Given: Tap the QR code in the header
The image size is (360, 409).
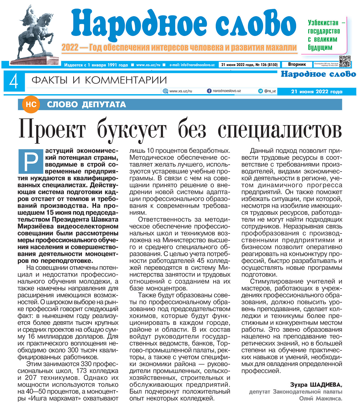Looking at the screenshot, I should pyautogui.click(x=345, y=61).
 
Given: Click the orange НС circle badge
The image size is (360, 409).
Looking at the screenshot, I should pyautogui.click(x=31, y=104).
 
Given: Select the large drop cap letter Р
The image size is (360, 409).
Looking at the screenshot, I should pyautogui.click(x=30, y=161).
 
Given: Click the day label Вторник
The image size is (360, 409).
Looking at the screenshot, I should pyautogui.click(x=297, y=65).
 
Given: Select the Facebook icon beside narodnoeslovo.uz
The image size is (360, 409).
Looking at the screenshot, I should pyautogui.click(x=209, y=91).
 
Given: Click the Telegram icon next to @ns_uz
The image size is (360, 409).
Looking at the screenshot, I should pyautogui.click(x=260, y=91).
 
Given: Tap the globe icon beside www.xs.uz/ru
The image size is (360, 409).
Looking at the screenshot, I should pyautogui.click(x=165, y=91).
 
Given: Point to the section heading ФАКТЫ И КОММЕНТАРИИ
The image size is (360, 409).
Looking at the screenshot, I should pyautogui.click(x=99, y=80).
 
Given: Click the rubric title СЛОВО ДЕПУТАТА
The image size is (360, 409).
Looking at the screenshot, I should pyautogui.click(x=86, y=104).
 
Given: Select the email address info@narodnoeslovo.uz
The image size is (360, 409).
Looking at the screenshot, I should pyautogui.click(x=197, y=65).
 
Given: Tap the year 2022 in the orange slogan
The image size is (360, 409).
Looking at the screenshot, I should pyautogui.click(x=70, y=48).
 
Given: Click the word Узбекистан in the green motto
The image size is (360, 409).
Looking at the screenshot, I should pyautogui.click(x=323, y=23).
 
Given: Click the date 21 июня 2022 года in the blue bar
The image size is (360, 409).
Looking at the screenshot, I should pyautogui.click(x=317, y=92).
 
